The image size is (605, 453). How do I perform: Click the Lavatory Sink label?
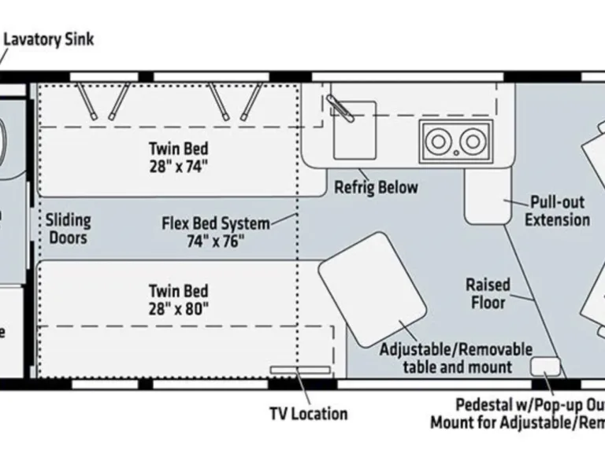coord(49,39)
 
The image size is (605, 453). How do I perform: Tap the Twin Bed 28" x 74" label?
coord(179,157)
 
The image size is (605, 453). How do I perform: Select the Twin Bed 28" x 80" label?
coord(179,300)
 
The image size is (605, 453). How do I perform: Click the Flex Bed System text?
coord(215,223)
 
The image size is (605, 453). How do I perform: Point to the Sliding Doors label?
coord(67,229)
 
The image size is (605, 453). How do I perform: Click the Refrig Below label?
coord(376,188)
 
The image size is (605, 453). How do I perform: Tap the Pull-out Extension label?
coord(558,210)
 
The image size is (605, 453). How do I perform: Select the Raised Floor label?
coord(488,293)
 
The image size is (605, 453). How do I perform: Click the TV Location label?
coord(308,413)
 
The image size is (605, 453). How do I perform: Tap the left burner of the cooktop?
coord(437,142)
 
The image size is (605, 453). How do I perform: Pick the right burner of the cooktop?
coord(472,142)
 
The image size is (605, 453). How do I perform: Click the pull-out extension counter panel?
coord(486,197)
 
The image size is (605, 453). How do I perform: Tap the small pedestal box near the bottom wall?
coord(545,366)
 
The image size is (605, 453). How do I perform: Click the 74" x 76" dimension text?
coord(214,241)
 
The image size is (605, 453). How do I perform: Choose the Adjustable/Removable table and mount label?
coord(456,358)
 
